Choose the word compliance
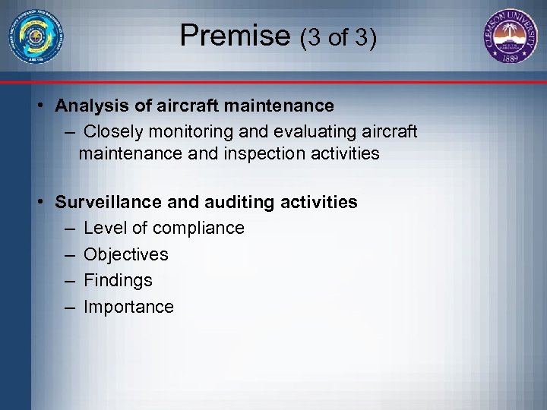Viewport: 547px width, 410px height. point(198,228)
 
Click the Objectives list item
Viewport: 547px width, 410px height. point(126,254)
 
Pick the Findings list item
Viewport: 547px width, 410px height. point(118,280)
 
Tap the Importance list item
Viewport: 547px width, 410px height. point(128,307)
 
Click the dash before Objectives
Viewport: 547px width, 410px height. point(70,254)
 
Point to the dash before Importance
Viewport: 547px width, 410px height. point(70,307)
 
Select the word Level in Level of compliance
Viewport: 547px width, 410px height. point(103,228)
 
